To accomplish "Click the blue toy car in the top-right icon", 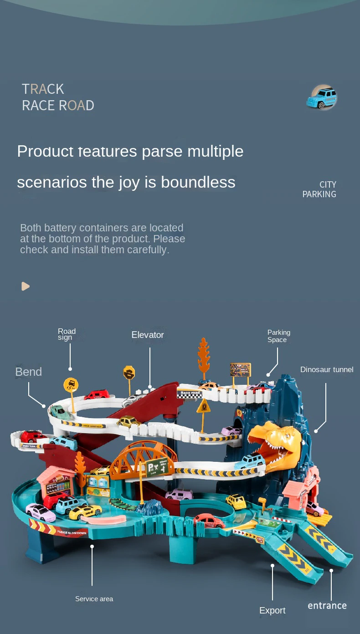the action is point(322,98).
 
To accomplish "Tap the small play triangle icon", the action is point(26,286).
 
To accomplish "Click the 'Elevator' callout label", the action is point(148,335).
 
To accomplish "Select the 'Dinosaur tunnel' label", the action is point(327,369).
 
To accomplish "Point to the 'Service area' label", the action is point(94,599).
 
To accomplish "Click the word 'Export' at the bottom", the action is point(273,611).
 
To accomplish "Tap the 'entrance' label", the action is point(327,606).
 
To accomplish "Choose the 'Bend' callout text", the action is point(28,372).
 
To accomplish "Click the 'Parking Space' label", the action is point(278,336).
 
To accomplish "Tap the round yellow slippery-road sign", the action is point(71,385).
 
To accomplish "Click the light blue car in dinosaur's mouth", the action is point(250,461).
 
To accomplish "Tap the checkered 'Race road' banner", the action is point(190,394).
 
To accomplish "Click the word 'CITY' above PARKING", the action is point(328,184).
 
